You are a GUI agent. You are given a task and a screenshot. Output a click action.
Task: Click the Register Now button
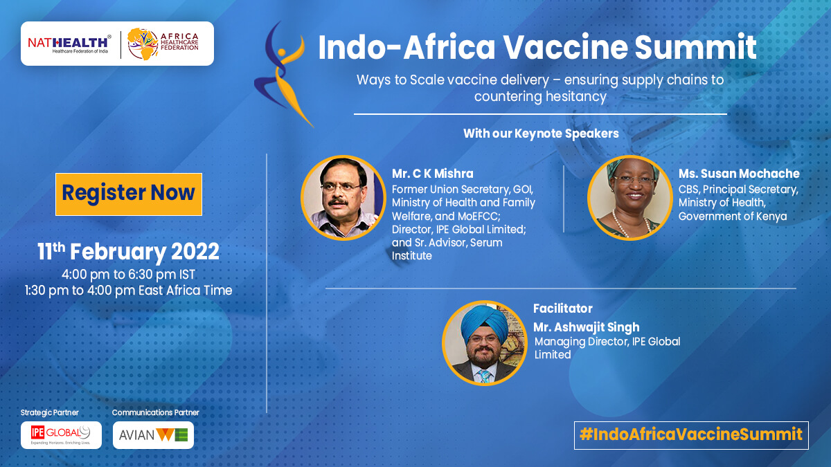(x=129, y=194)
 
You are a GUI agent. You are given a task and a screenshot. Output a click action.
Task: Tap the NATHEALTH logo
(x=69, y=44)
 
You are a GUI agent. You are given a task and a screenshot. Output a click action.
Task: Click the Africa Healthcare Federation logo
(x=163, y=44)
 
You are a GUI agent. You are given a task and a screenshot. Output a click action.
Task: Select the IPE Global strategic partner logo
(x=61, y=435)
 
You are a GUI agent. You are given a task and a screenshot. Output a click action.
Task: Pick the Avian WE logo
(x=153, y=435)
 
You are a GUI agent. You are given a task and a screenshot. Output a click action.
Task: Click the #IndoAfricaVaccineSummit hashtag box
(x=691, y=435)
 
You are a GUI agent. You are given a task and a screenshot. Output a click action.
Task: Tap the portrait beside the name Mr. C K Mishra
(x=343, y=198)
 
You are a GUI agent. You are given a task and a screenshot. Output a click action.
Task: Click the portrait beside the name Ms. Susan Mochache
(x=630, y=198)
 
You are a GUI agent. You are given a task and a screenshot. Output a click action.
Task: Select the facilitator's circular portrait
(x=485, y=343)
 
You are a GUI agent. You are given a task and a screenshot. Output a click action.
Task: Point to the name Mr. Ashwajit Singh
(x=586, y=327)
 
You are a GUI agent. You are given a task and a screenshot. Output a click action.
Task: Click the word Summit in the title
(x=695, y=47)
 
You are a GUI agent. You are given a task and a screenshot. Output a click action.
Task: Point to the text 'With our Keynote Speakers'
(x=541, y=134)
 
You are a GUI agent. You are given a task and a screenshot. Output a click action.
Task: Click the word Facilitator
(x=563, y=309)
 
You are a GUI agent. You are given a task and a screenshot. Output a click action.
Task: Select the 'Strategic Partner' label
(x=49, y=412)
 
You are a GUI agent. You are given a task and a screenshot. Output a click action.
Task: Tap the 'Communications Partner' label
(x=155, y=412)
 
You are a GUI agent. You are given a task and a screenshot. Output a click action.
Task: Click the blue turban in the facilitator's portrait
(x=484, y=322)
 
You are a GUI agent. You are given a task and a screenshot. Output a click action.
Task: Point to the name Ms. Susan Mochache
(x=739, y=174)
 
